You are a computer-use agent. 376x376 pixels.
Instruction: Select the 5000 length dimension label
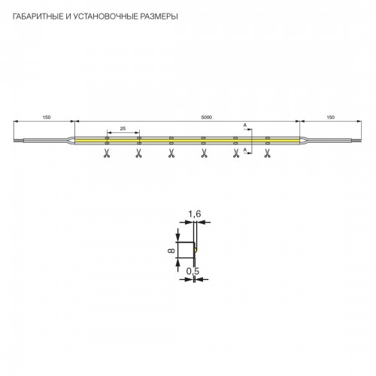[207, 117]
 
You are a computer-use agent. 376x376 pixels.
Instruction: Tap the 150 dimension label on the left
[47, 117]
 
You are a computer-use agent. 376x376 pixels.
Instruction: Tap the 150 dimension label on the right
[331, 117]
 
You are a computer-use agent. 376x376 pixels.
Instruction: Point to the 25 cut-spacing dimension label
[123, 129]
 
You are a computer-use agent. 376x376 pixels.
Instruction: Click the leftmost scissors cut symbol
[107, 153]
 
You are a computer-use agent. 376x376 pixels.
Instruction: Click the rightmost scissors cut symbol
[268, 153]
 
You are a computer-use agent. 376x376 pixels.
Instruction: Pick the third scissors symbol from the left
[171, 153]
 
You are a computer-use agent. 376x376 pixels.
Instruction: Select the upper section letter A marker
[245, 125]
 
